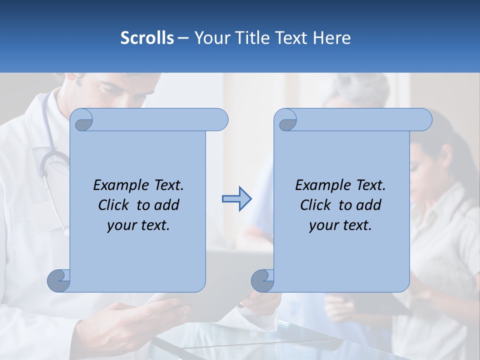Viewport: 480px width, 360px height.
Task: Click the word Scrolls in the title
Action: (x=147, y=38)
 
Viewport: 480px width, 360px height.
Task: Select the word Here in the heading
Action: (x=331, y=38)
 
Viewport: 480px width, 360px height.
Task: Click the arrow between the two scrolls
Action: (x=236, y=199)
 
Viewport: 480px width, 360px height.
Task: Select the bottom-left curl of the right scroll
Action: (x=263, y=280)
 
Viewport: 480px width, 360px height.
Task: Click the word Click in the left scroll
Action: (x=115, y=205)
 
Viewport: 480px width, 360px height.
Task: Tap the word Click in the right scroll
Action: (x=317, y=205)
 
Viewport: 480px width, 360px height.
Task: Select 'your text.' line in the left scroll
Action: (x=138, y=225)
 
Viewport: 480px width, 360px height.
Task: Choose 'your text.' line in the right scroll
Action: (x=340, y=225)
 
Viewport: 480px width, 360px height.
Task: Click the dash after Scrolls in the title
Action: (x=183, y=38)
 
